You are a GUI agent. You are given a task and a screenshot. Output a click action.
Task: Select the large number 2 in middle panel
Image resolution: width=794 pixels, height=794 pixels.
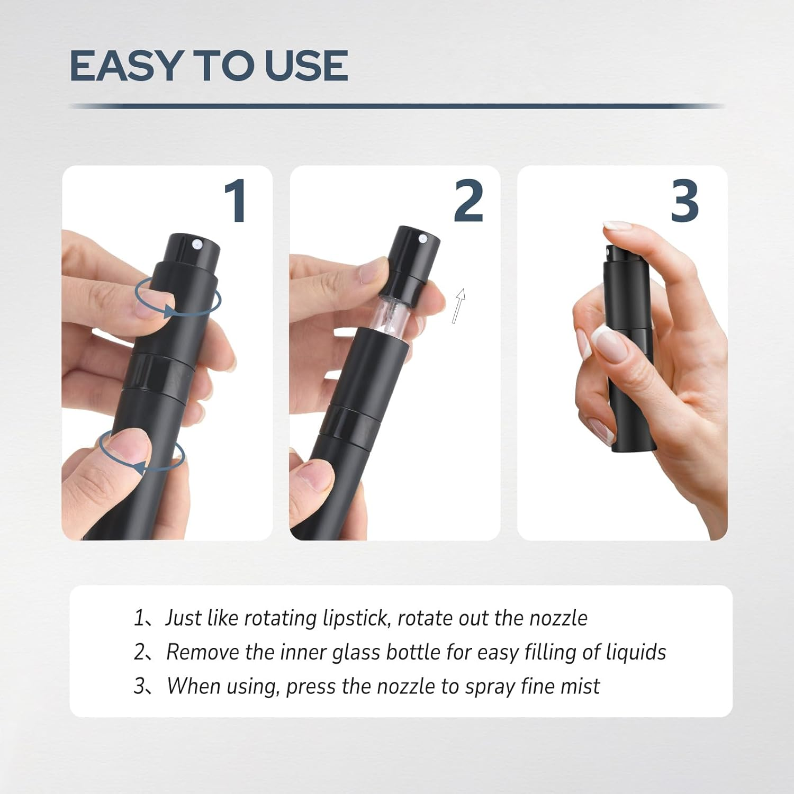(x=468, y=201)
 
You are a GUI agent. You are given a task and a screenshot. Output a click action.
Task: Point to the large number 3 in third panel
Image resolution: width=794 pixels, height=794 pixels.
(x=684, y=201)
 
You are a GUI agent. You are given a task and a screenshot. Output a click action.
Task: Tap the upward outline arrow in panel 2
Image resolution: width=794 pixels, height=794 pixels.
(x=459, y=305)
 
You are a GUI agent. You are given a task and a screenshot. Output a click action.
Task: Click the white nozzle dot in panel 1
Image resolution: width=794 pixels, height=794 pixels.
(x=197, y=244)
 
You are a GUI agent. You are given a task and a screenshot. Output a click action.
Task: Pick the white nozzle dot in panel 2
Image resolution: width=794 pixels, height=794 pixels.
(x=423, y=239)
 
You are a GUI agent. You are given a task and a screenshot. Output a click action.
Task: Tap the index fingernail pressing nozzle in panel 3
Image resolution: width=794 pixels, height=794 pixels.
(x=618, y=225)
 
